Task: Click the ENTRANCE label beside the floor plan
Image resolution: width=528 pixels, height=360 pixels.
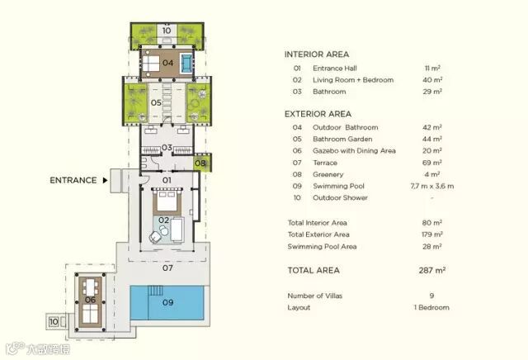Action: (x=73, y=180)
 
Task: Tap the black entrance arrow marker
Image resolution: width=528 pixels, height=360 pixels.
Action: (x=105, y=180)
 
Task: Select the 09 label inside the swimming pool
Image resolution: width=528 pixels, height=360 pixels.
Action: (x=167, y=302)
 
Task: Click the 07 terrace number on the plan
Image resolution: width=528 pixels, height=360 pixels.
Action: (x=167, y=268)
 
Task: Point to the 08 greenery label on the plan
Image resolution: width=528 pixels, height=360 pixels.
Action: (x=200, y=163)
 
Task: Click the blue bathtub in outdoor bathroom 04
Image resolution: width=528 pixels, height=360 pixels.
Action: (x=186, y=63)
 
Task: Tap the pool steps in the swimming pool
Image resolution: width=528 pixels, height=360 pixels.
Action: (x=155, y=291)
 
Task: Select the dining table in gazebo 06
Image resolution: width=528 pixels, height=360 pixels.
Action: (x=90, y=287)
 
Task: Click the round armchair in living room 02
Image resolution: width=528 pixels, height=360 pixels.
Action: (x=155, y=237)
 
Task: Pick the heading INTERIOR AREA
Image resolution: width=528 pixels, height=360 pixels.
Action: (x=317, y=54)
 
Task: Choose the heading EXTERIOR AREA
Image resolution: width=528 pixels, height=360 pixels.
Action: (x=318, y=114)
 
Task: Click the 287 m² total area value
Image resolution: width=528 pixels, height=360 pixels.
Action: (x=432, y=270)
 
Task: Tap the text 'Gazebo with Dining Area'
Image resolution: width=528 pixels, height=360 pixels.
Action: (x=354, y=150)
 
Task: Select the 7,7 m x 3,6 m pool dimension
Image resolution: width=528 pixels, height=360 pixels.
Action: (x=432, y=186)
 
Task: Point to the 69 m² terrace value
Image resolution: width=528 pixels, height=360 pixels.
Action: (x=432, y=163)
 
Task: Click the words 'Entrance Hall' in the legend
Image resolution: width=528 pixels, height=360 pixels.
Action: (x=335, y=69)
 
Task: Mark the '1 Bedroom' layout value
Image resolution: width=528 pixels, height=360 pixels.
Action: (x=431, y=307)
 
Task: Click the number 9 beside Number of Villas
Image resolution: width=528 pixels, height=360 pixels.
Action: (x=431, y=296)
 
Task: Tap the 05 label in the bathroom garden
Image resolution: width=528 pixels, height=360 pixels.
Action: (x=156, y=102)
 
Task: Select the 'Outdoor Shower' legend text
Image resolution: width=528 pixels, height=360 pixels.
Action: (x=340, y=198)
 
